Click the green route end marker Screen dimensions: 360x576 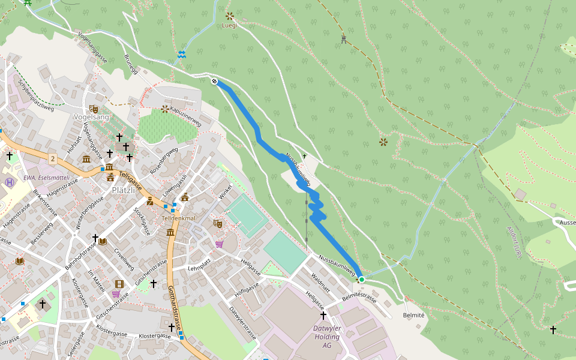click(362, 280)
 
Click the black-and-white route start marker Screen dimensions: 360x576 click(214, 81)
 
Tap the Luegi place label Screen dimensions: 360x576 click(230, 26)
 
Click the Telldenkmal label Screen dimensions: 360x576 click(179, 218)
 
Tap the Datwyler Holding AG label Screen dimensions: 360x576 click(327, 337)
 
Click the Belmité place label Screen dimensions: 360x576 click(414, 315)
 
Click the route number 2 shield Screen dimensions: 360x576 click(53, 158)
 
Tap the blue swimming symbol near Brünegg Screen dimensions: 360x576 click(181, 55)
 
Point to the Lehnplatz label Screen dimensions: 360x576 click(201, 267)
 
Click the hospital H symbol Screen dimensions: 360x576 click(9, 182)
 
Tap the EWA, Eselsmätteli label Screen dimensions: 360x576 click(46, 178)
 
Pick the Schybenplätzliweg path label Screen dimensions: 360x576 click(35, 97)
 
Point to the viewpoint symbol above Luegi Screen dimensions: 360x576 click(229, 16)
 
